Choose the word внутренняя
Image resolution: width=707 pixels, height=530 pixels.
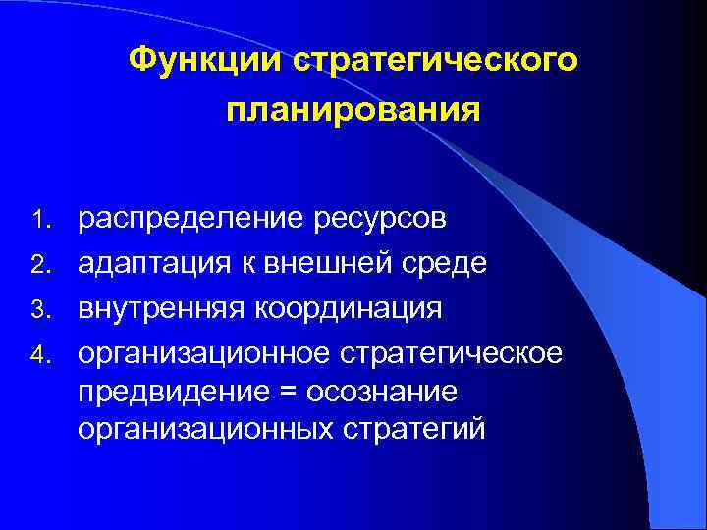pos(163,308)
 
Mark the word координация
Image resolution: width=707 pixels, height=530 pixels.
pos(350,308)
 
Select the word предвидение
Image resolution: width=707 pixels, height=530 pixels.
pos(163,392)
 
